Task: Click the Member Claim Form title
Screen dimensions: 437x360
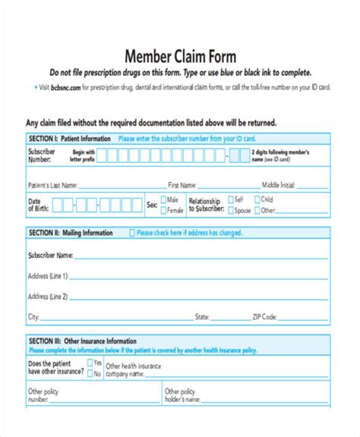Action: (x=179, y=56)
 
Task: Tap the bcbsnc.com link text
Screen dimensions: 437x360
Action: (x=65, y=88)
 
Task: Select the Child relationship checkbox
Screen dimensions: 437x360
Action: (x=258, y=200)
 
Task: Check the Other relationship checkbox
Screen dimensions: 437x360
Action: (x=258, y=210)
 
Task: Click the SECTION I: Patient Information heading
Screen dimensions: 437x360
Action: (x=69, y=139)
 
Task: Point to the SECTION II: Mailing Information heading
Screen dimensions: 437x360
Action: (x=71, y=233)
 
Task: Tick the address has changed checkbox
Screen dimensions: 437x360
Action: (x=131, y=233)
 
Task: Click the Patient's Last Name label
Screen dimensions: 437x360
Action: (x=52, y=184)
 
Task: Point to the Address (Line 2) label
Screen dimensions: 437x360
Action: (x=48, y=296)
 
